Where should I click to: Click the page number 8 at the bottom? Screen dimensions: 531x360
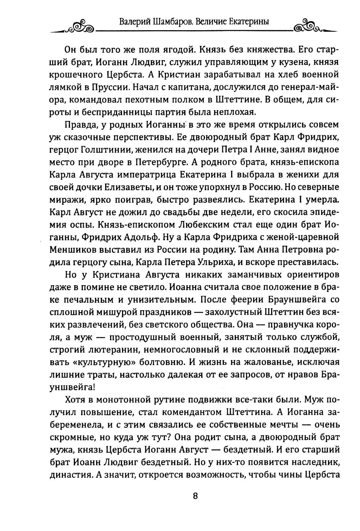195,496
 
